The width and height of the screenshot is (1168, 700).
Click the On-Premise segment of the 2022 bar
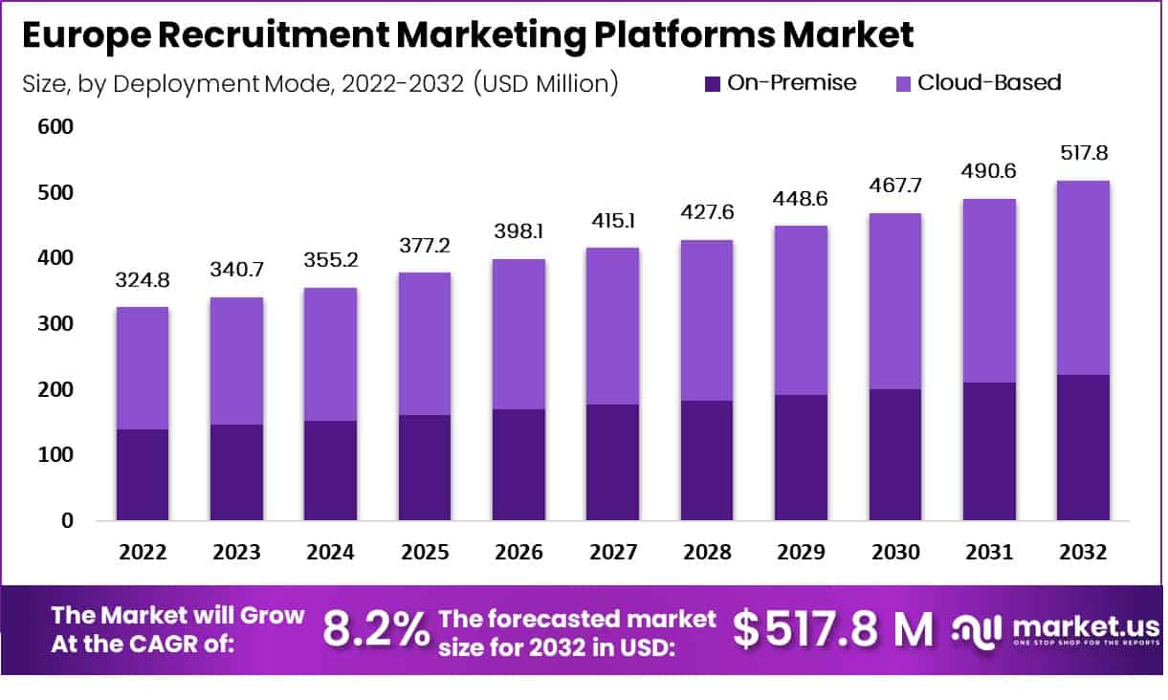pos(142,474)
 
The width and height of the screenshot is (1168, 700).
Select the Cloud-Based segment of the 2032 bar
pos(1083,277)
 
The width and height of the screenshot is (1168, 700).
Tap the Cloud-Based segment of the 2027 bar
pos(612,325)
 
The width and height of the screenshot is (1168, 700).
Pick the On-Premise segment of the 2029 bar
pos(801,457)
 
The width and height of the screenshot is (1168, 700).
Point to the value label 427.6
pos(707,211)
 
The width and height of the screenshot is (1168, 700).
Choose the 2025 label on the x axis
pos(424,553)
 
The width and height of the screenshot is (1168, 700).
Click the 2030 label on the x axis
pos(894,553)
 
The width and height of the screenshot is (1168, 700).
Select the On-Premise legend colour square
pos(712,83)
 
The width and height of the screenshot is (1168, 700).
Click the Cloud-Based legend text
pos(989,82)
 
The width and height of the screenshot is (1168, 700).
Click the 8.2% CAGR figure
pos(376,629)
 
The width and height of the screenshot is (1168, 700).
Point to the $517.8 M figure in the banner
pos(832,629)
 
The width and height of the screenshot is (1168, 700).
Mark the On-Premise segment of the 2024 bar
pos(330,470)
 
